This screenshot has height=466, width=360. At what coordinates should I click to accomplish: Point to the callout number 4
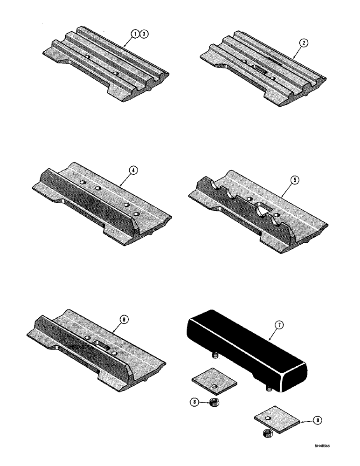click(133, 171)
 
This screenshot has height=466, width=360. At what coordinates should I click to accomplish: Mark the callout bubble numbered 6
click(123, 320)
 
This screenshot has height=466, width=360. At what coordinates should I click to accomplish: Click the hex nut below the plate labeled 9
click(269, 435)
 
